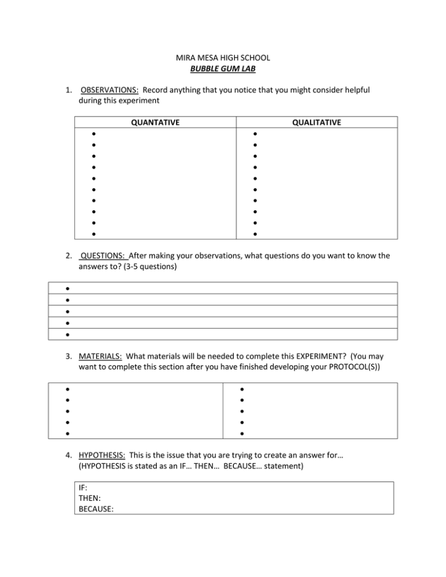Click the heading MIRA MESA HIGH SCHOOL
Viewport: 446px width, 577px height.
222,58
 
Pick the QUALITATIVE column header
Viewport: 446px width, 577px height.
317,122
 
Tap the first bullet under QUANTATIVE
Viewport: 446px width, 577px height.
93,134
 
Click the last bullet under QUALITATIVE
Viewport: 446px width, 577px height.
254,234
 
